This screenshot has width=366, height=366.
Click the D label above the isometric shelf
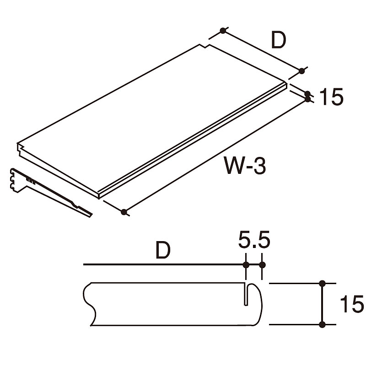tap(279, 40)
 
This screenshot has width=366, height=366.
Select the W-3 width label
tap(245, 166)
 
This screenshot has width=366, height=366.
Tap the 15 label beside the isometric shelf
tap(331, 97)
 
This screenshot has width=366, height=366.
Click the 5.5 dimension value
tap(254, 240)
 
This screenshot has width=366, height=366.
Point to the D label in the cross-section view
tap(163, 250)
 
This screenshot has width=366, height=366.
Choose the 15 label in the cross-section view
tap(352, 304)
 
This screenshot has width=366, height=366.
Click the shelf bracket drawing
tap(51, 192)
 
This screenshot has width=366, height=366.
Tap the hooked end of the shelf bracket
tap(14, 180)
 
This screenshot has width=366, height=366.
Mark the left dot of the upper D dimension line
tap(223, 31)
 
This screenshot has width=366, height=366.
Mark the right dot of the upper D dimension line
tap(301, 71)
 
